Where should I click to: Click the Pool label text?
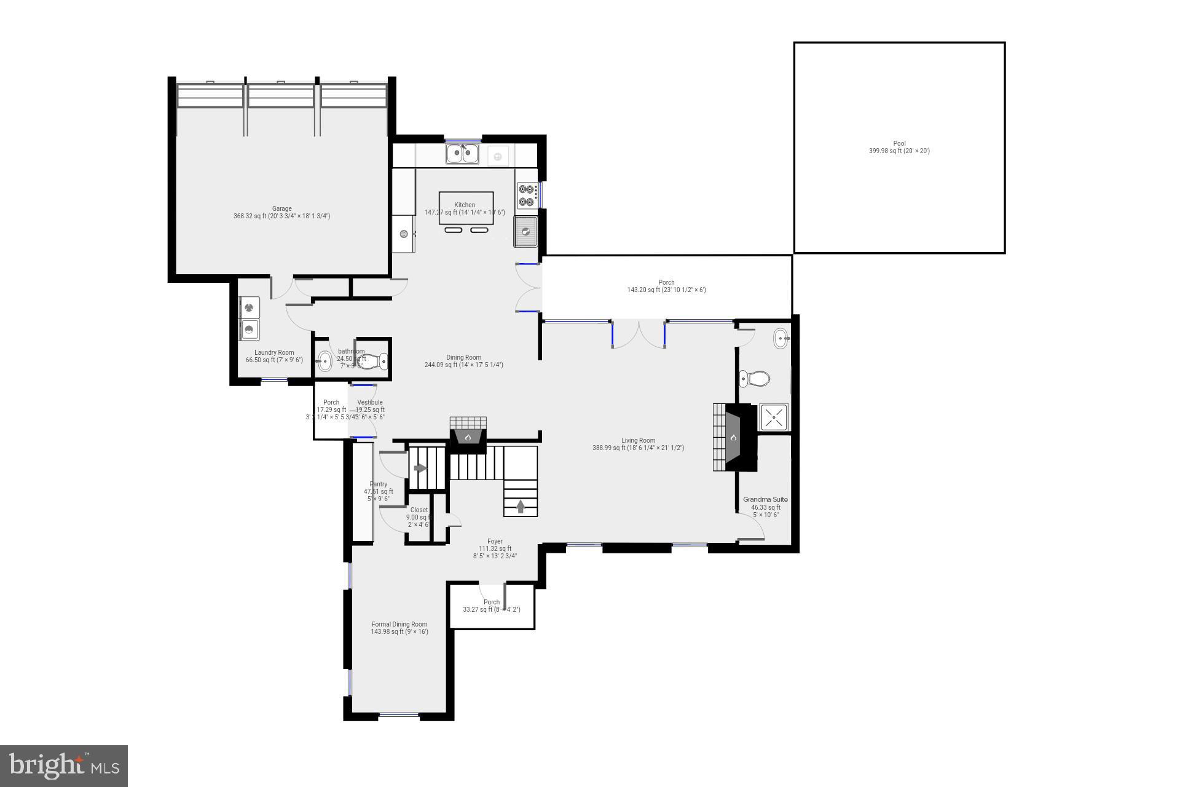pos(899,147)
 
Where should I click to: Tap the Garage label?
pos(281,212)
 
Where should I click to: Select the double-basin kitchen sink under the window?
pos(462,154)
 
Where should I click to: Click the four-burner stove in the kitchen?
pos(527,195)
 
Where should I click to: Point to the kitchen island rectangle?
pos(466,208)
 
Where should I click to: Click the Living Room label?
pos(638,444)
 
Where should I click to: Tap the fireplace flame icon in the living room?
pos(733,438)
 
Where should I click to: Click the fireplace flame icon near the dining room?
pos(468,438)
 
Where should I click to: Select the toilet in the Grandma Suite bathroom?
pos(753,378)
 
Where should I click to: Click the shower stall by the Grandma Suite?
pos(774,417)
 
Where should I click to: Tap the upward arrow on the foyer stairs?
pos(521,506)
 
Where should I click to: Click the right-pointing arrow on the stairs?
pos(420,469)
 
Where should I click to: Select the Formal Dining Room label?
pos(399,628)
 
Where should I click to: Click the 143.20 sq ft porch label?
pos(666,287)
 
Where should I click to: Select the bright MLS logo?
pos(64,765)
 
